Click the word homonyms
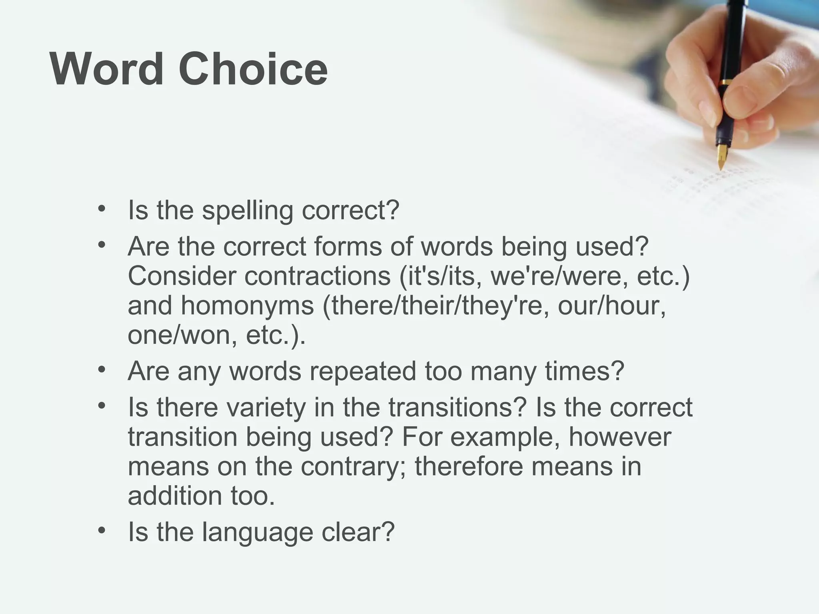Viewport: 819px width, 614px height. [x=248, y=306]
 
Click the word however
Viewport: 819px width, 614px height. [x=619, y=437]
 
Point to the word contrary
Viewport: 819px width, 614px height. [x=354, y=466]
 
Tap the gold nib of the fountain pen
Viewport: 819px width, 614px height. [x=722, y=158]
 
